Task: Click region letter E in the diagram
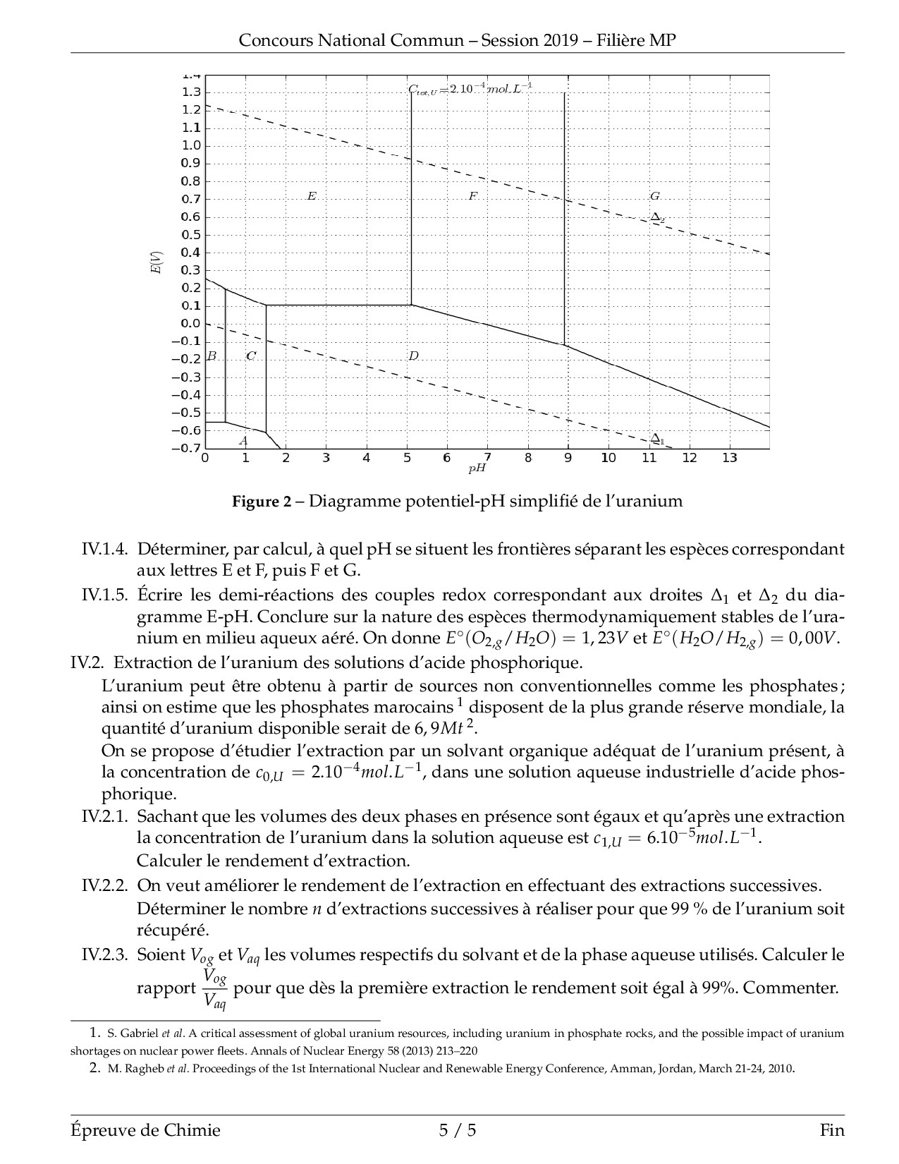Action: pos(311,196)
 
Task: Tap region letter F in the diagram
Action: pos(472,196)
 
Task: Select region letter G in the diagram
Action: pos(655,196)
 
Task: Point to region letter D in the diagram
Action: pos(413,356)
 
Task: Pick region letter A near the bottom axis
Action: pos(243,442)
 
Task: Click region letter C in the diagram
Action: pos(251,356)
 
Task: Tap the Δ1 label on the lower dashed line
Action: pos(657,439)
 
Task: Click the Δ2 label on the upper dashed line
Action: pos(657,218)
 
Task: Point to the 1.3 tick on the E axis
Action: pos(192,92)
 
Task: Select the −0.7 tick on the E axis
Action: pos(187,449)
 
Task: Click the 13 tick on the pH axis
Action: pos(729,459)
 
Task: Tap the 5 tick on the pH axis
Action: pos(407,459)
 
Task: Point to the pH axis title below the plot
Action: pos(477,468)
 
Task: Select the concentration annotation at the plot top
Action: pos(470,89)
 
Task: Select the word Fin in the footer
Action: pos(832,1131)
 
